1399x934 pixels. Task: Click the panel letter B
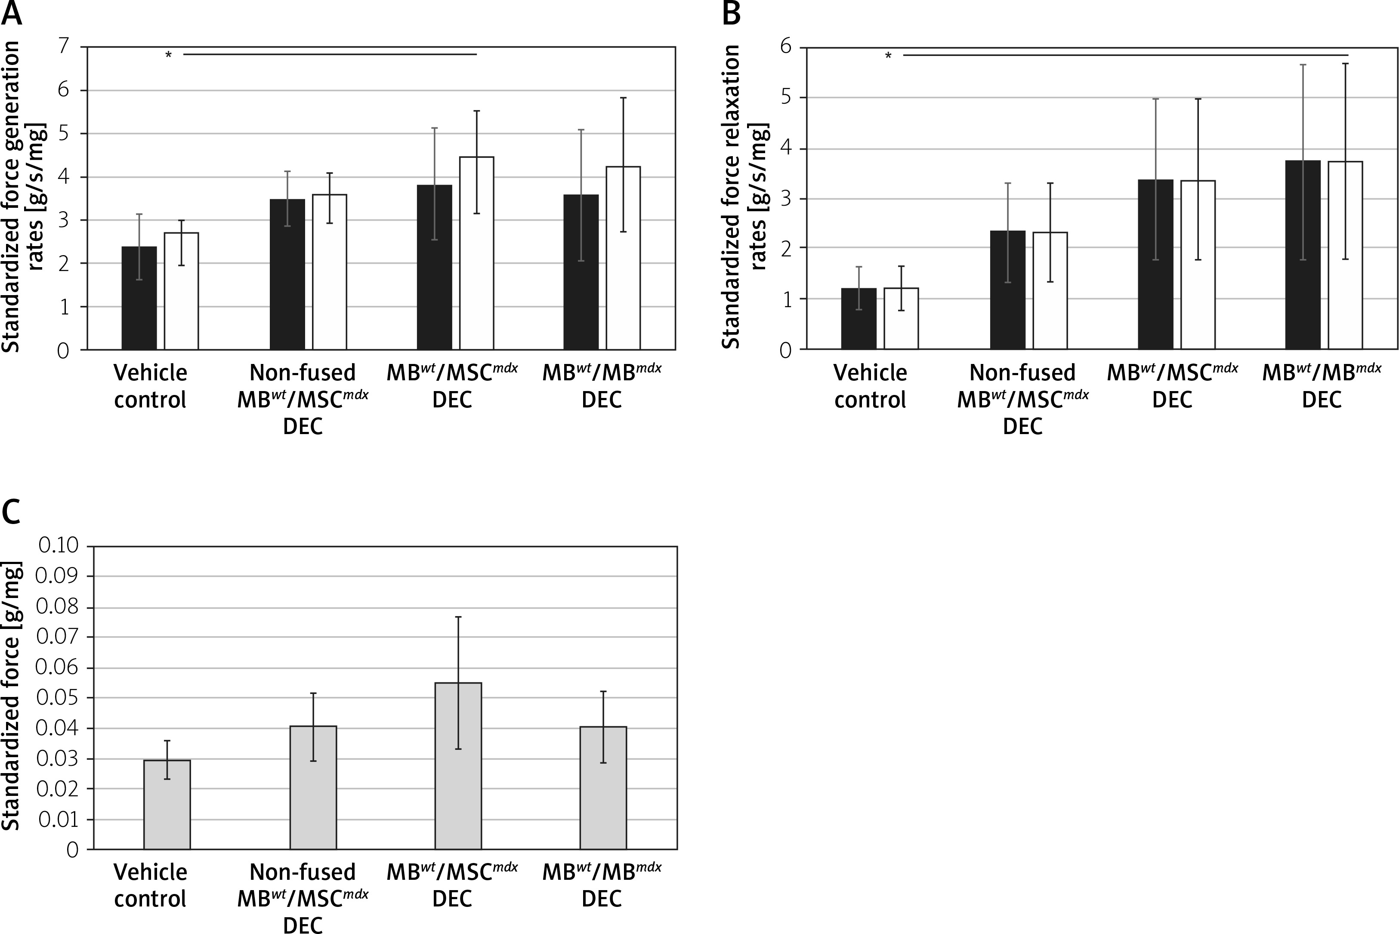point(731,13)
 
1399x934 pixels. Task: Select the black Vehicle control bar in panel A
point(139,298)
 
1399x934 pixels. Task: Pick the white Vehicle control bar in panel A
point(181,291)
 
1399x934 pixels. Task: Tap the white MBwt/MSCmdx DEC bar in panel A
point(476,253)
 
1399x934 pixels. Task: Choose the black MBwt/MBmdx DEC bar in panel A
point(581,271)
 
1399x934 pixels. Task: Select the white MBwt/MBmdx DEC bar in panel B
point(1345,255)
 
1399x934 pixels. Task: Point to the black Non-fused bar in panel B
point(1007,290)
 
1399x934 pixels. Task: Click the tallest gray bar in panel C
point(458,765)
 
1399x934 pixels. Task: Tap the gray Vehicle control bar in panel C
point(167,804)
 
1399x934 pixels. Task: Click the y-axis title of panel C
point(12,696)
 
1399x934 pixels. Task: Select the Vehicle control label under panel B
point(870,386)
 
